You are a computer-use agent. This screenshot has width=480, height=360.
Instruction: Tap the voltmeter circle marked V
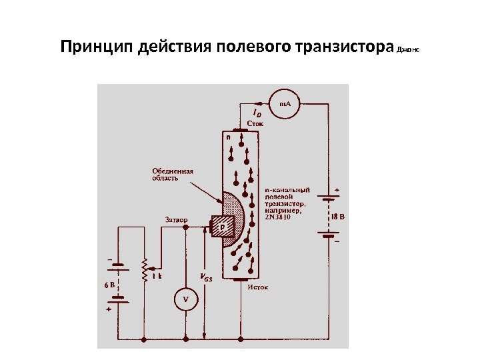tap(185, 300)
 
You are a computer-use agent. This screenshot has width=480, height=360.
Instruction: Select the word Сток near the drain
tap(255, 123)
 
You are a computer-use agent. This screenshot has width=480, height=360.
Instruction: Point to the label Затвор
tap(176, 219)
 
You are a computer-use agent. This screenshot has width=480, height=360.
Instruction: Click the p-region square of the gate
tap(223, 227)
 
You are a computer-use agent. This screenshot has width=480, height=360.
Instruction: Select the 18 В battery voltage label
tap(339, 216)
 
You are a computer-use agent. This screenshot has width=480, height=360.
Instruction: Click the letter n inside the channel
tap(227, 135)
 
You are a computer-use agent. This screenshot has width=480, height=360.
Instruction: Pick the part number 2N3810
tap(278, 215)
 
